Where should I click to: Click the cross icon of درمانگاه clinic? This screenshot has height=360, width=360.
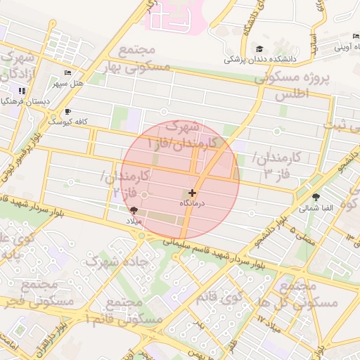pos(192,192)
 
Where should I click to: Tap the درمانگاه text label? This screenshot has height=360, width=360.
pos(192,202)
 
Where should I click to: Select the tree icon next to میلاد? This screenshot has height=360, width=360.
pos(134,210)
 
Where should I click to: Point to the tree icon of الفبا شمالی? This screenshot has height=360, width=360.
pos(315,197)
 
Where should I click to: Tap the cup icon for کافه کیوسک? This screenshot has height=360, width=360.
pos(67,111)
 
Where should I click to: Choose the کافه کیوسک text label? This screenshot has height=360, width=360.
pos(67,122)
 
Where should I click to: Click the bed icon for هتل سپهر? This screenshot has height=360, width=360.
pos(67,72)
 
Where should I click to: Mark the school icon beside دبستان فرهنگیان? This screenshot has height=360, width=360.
pos(22,91)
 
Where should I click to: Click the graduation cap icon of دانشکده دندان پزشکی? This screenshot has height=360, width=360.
pos(260,49)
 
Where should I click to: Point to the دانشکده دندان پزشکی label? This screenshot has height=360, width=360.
pos(262,60)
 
